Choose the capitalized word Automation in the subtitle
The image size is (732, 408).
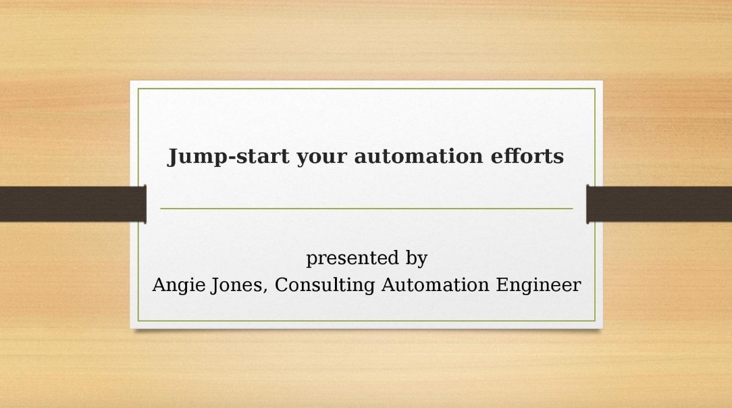coord(435,285)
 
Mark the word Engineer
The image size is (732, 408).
coord(538,286)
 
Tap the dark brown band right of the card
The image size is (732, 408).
coord(659,204)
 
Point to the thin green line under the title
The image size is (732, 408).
coord(367,209)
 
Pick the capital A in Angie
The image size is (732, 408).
coord(159,285)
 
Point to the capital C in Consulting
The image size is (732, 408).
coord(282,285)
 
